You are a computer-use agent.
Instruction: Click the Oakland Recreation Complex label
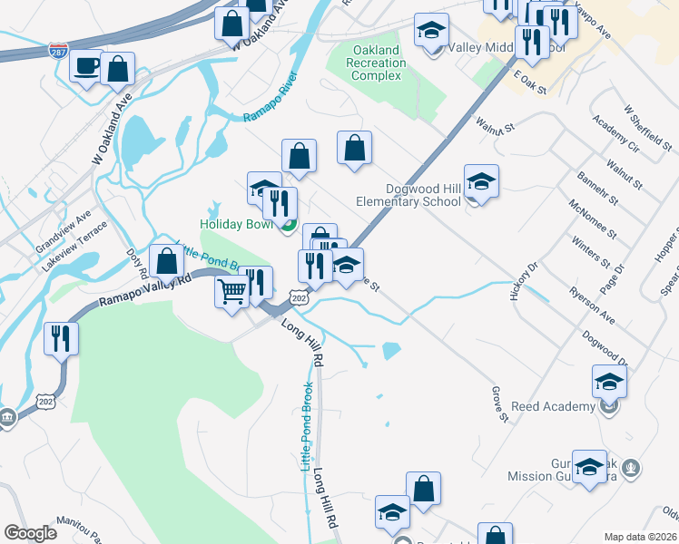click(x=377, y=63)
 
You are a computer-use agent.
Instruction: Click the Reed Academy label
click(x=552, y=406)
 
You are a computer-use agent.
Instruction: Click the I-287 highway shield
click(x=58, y=48)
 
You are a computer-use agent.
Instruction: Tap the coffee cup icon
click(x=87, y=66)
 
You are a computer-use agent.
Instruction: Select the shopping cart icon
click(x=232, y=292)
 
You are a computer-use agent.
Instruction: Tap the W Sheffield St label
click(x=647, y=127)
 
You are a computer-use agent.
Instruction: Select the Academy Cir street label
click(x=615, y=132)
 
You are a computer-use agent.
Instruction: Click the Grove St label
click(x=498, y=403)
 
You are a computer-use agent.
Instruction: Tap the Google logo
click(x=31, y=533)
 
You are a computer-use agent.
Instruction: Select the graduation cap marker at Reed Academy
click(x=609, y=382)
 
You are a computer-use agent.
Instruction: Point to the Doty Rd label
click(x=137, y=263)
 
